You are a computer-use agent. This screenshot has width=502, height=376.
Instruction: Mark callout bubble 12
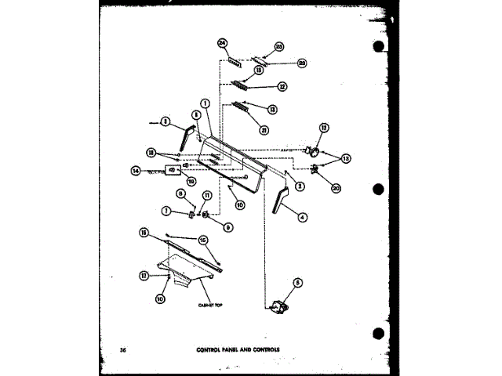323,128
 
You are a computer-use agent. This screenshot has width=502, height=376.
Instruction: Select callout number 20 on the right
336,188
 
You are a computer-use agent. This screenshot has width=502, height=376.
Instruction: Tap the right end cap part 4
279,200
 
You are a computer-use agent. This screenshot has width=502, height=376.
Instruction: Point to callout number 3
166,121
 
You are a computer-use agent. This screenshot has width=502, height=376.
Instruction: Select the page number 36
123,348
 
